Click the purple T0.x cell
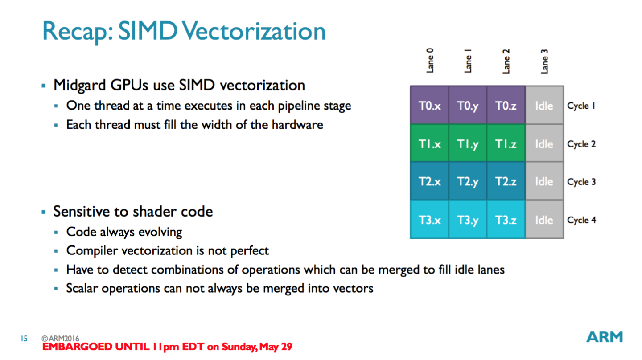click(x=429, y=106)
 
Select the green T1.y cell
click(x=468, y=144)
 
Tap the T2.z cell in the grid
click(x=506, y=182)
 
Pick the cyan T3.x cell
click(x=429, y=220)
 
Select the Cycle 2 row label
click(x=581, y=144)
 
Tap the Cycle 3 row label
click(x=581, y=182)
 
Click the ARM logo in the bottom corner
click(x=604, y=338)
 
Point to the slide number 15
click(x=24, y=339)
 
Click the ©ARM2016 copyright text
click(x=61, y=339)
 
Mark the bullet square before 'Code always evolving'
click(x=56, y=233)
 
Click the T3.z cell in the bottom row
click(x=506, y=220)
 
